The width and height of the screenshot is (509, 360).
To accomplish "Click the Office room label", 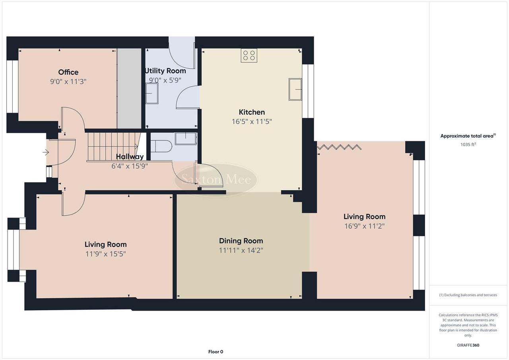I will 68,72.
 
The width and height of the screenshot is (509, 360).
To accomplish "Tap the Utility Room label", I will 165,71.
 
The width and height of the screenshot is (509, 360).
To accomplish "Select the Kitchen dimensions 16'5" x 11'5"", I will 252,122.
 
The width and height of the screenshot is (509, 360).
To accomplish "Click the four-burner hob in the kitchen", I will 249,55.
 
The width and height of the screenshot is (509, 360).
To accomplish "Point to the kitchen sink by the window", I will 295,89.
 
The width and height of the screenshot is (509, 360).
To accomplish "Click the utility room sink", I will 152,93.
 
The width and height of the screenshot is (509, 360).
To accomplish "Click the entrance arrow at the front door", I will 46,152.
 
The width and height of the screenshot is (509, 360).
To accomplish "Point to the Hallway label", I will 130,157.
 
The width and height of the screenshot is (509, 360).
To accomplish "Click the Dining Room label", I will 241,241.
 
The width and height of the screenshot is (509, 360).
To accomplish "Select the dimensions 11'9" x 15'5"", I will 105,254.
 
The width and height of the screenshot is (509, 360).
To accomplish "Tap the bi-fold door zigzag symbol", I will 340,148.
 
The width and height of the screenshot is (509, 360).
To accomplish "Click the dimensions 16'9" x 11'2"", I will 364,226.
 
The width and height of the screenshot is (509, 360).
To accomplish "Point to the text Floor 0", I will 216,352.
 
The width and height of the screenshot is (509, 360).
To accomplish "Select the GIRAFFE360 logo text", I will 468,345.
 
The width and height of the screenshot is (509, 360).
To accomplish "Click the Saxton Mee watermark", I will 216,180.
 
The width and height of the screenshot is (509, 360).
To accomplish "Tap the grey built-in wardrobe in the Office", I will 129,88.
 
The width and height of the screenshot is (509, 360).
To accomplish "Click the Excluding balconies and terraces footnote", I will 468,295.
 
